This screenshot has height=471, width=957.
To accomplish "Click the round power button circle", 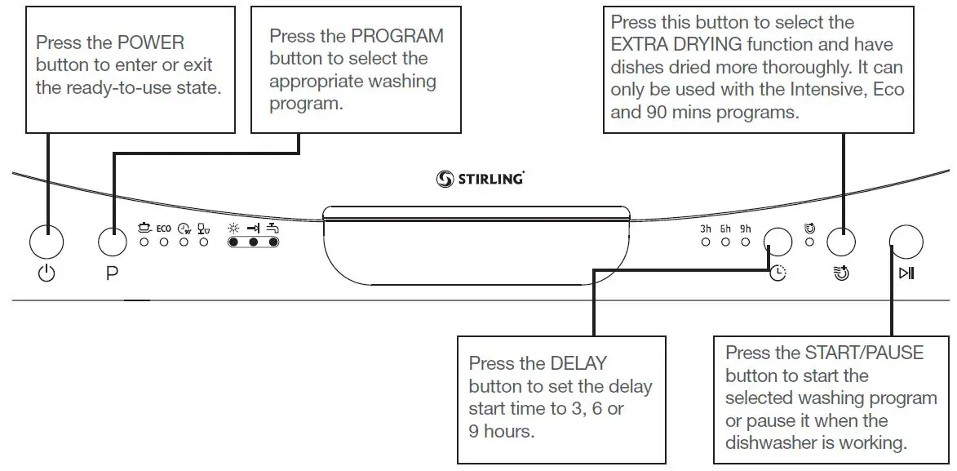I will (x=47, y=242).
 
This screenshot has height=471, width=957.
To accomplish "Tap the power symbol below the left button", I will (x=47, y=273).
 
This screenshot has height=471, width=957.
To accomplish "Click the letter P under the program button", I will (x=112, y=274).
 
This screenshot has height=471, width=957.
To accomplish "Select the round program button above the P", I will (x=113, y=242).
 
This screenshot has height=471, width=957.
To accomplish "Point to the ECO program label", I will (x=163, y=229).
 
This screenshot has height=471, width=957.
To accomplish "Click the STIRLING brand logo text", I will (x=489, y=179).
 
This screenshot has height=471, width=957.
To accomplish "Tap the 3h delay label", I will (x=706, y=229).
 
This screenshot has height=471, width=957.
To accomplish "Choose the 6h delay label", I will (x=725, y=229).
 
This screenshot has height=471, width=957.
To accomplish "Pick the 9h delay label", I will (x=745, y=229).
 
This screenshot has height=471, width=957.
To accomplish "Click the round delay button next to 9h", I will (x=778, y=242).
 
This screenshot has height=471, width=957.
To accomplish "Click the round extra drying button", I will (x=841, y=242).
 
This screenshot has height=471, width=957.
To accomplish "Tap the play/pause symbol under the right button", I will (x=906, y=273).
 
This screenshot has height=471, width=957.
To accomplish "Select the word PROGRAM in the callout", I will (x=397, y=36).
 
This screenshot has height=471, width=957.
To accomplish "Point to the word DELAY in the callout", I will (x=578, y=363).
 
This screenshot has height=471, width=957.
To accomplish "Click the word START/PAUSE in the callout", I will (x=865, y=353).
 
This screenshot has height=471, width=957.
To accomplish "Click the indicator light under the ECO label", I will (x=163, y=242).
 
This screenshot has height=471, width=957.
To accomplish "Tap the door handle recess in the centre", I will (x=477, y=245).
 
